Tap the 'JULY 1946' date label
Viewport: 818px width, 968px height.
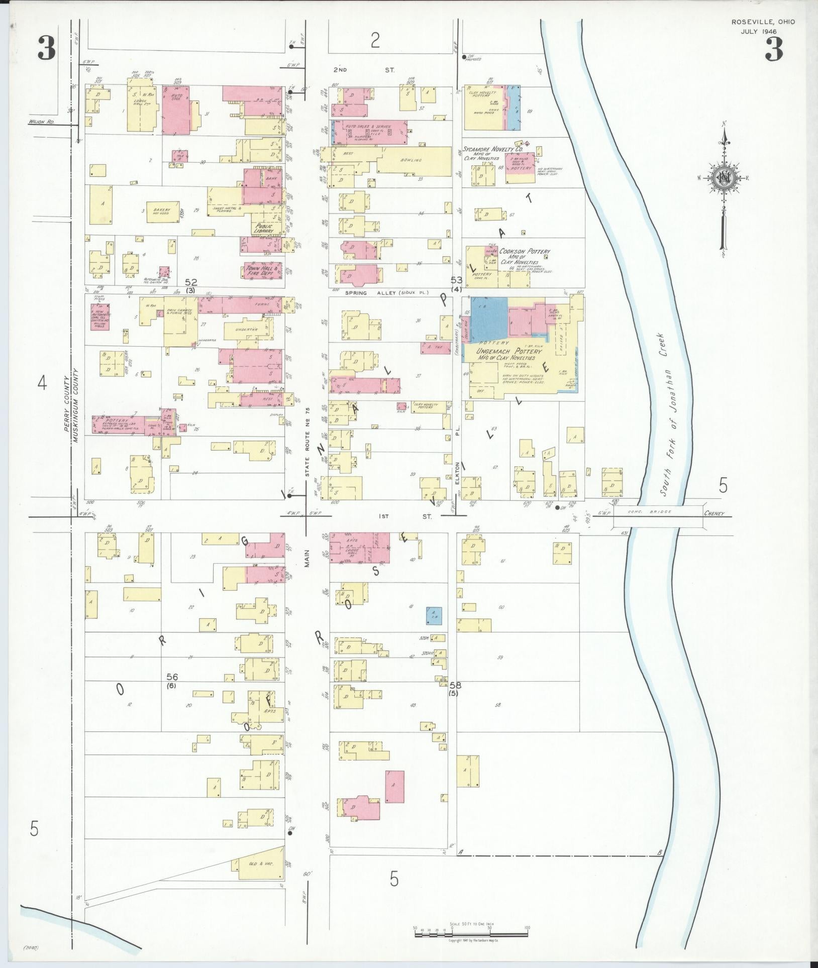tap(759, 31)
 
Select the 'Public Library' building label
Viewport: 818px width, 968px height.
tap(263, 229)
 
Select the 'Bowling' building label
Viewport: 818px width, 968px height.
tap(412, 160)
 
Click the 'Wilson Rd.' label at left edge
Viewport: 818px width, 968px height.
tap(41, 122)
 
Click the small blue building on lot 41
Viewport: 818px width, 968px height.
tap(433, 615)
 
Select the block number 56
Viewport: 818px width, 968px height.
tap(173, 677)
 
